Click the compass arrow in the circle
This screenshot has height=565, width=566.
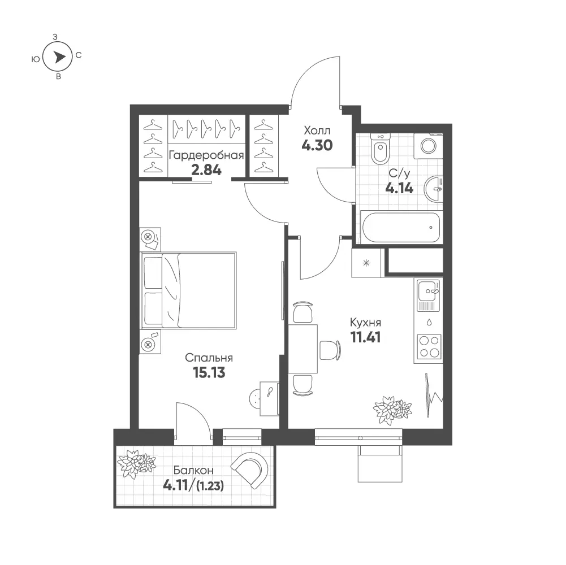click(60, 56)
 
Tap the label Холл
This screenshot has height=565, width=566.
click(317, 130)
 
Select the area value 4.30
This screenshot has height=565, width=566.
click(317, 145)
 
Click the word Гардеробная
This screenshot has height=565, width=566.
click(206, 155)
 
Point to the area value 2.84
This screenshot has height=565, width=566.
click(206, 169)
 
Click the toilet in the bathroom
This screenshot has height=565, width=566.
click(380, 149)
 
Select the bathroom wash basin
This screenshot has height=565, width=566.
click(433, 189)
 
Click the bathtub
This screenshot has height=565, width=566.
click(401, 227)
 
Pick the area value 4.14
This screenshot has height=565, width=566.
click(399, 188)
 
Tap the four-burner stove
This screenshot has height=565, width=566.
click(429, 347)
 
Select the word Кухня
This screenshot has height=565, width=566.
click(366, 322)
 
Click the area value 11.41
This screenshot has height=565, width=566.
click(366, 337)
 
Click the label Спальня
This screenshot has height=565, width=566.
click(209, 358)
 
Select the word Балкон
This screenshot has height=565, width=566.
click(193, 471)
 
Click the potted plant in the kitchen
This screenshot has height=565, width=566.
click(392, 410)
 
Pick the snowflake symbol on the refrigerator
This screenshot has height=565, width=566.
click(366, 263)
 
